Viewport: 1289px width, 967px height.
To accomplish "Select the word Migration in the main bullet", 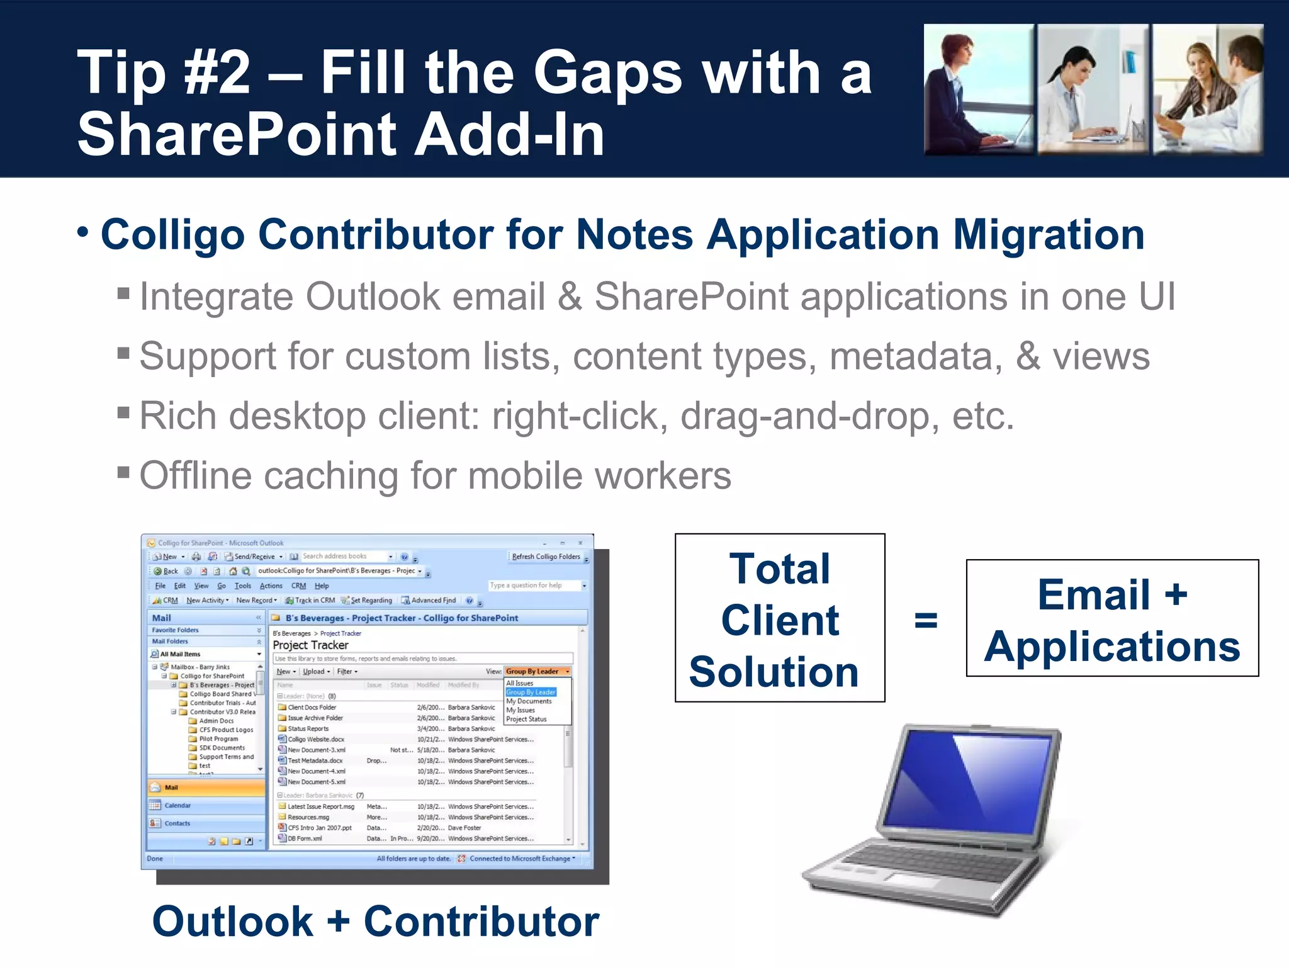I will pyautogui.click(x=1049, y=235).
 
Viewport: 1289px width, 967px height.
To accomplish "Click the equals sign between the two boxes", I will pyautogui.click(x=925, y=620).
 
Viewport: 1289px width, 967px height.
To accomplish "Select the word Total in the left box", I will pyautogui.click(x=779, y=568).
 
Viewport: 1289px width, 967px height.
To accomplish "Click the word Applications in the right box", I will pyautogui.click(x=1112, y=647).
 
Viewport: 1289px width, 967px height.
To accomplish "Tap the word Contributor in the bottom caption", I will pyautogui.click(x=481, y=922).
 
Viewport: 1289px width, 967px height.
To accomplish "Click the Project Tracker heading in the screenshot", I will pyautogui.click(x=310, y=645).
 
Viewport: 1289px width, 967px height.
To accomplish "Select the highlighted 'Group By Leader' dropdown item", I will pyautogui.click(x=530, y=692).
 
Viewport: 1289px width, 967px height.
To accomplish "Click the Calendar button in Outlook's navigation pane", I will pyautogui.click(x=177, y=805).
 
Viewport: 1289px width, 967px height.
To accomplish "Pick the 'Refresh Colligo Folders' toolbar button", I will pyautogui.click(x=545, y=557).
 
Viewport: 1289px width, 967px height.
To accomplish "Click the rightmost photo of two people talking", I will pyautogui.click(x=1207, y=89).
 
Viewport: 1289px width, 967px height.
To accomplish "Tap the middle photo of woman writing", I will pyautogui.click(x=1093, y=89).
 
